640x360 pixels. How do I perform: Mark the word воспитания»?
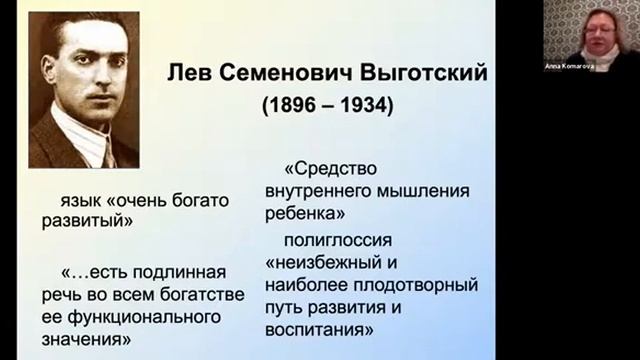(x=321, y=328)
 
